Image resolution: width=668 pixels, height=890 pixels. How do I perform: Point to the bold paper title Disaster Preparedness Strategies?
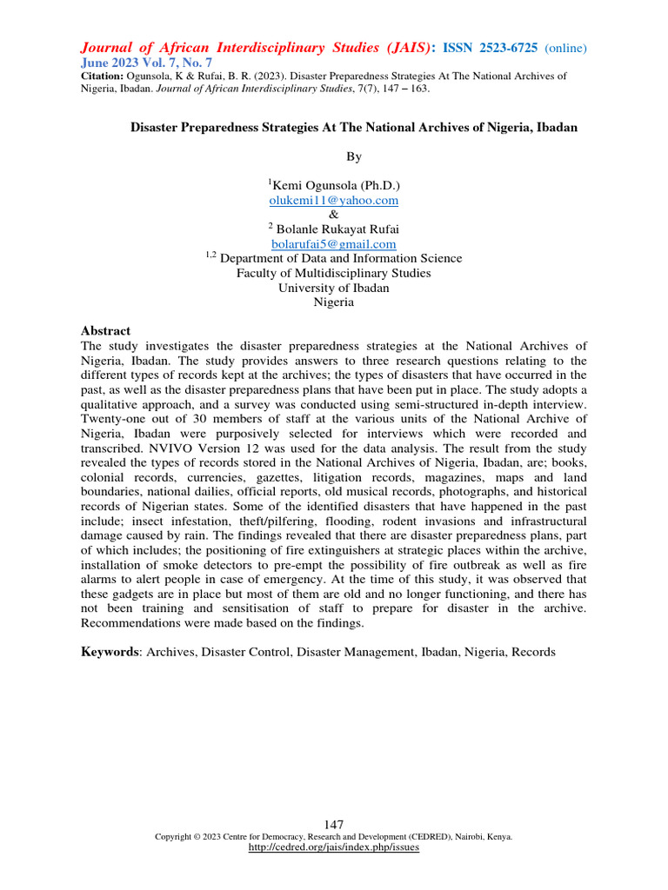354,127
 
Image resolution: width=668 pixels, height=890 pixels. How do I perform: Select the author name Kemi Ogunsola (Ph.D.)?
334,185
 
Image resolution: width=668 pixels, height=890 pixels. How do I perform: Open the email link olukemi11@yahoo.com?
334,200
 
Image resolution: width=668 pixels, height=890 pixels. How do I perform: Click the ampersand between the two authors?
334,214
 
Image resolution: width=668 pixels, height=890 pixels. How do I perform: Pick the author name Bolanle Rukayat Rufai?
334,229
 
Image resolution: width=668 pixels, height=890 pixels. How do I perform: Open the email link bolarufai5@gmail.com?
334,244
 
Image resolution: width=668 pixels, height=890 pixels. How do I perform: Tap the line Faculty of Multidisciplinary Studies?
334,273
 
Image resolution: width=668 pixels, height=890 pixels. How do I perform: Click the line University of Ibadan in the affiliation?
334,288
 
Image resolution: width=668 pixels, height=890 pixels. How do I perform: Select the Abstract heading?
105,331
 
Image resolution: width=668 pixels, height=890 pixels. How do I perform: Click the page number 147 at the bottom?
334,824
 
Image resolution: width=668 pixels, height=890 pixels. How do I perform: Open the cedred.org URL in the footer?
334,847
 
